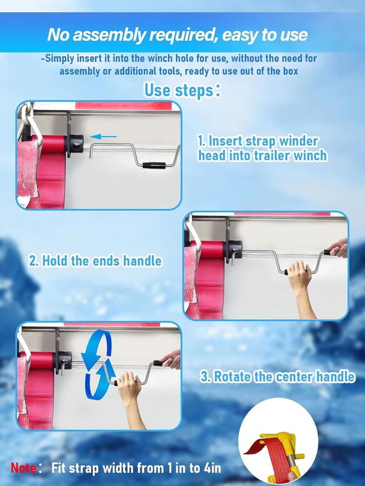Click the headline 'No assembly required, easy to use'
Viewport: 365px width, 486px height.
177,35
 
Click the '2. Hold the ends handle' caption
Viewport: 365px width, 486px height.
95,261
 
